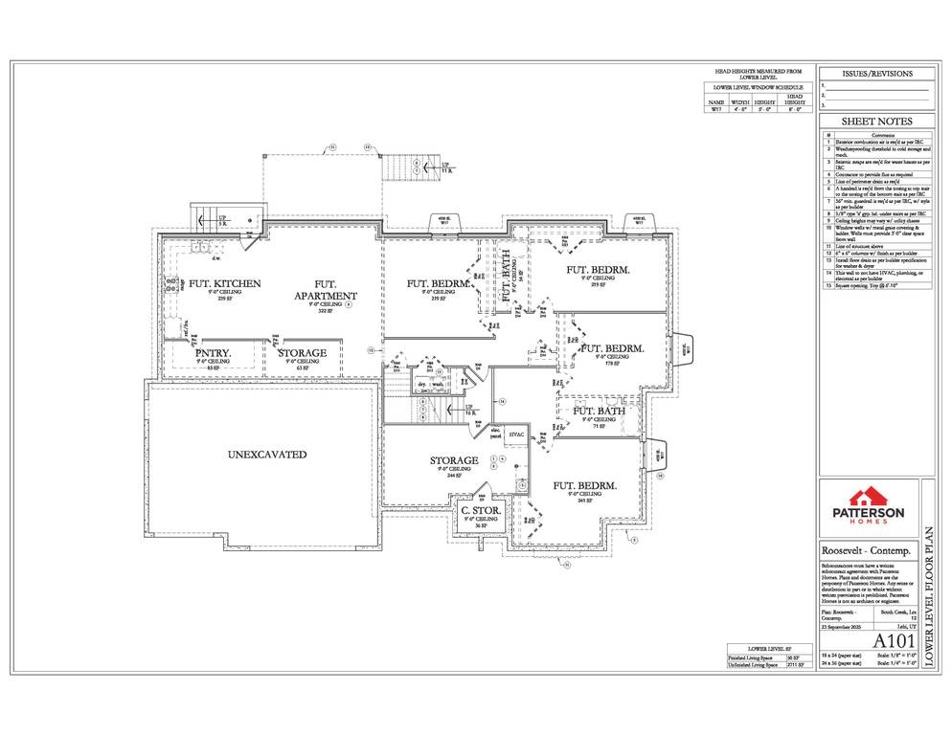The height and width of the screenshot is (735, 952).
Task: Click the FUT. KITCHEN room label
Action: point(224,284)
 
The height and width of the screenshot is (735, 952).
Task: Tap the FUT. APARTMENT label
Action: point(326,290)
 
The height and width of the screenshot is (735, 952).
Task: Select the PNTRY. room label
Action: point(209,352)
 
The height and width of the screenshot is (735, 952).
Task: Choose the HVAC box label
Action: point(516,435)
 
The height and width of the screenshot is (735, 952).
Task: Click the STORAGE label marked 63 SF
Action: point(302,353)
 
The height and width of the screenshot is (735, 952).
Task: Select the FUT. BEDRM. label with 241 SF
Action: point(584,485)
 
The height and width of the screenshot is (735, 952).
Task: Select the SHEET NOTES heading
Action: point(875,122)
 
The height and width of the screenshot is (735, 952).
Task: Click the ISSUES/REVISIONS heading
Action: point(875,74)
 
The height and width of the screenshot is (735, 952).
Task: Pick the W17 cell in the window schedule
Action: point(715,110)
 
